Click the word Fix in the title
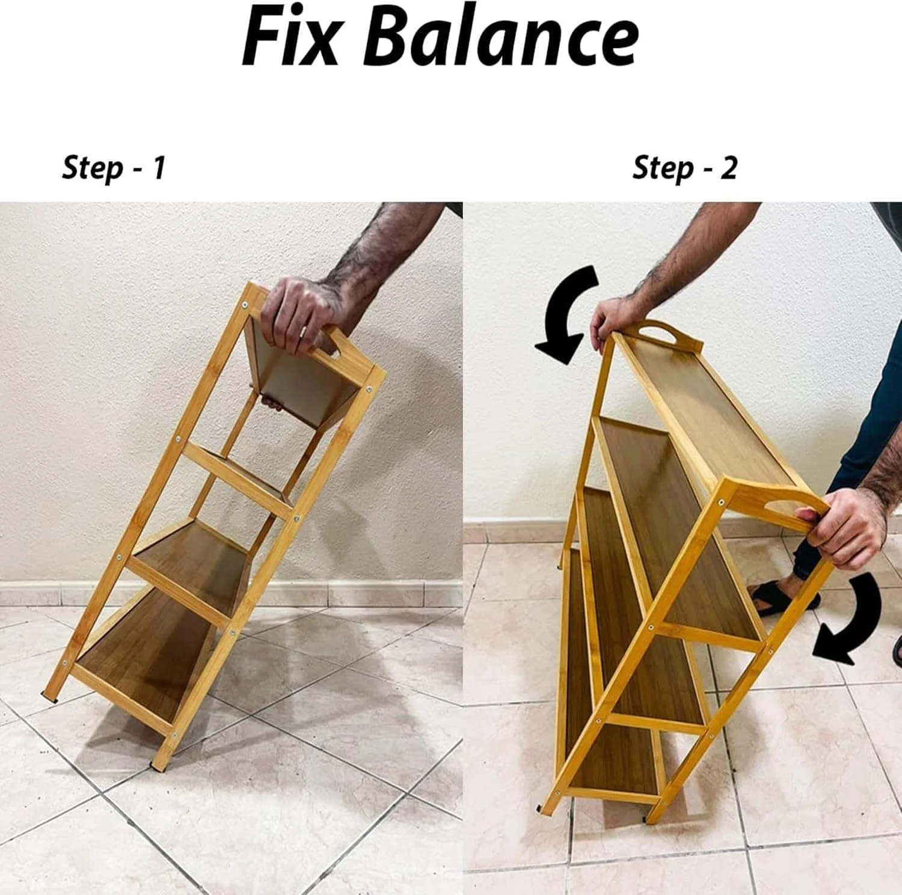(x=291, y=37)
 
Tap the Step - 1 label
(x=114, y=167)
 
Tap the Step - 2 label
(x=685, y=167)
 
